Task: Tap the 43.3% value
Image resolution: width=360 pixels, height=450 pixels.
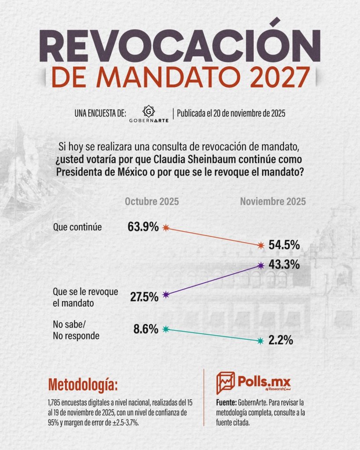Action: point(285,265)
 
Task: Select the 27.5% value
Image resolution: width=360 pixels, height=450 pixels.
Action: point(144,297)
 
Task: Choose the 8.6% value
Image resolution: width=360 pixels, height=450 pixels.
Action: point(146,329)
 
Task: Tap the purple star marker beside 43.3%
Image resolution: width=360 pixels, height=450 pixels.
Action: point(262,265)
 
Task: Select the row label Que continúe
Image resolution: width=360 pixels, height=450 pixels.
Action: point(77,227)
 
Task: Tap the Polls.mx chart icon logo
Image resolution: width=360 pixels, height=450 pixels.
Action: point(225,383)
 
